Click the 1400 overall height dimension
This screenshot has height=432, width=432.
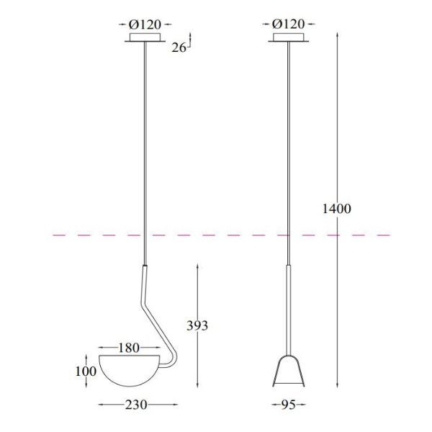pyautogui.click(x=336, y=210)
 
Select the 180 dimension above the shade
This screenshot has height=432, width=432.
pyautogui.click(x=127, y=348)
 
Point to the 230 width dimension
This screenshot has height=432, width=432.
pyautogui.click(x=137, y=405)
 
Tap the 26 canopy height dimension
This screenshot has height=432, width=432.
pyautogui.click(x=180, y=48)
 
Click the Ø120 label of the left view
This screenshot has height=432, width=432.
pyautogui.click(x=146, y=25)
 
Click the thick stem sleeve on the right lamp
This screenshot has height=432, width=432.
pyautogui.click(x=288, y=310)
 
